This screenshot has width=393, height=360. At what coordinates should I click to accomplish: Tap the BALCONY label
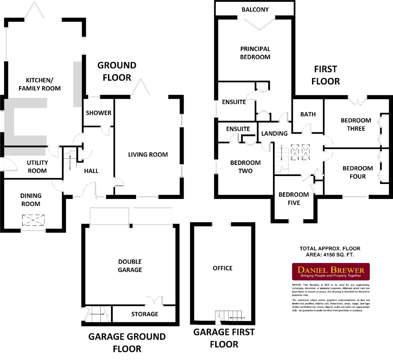tap(255, 9)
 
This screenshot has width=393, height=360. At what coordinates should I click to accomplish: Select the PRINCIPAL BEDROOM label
tap(255, 53)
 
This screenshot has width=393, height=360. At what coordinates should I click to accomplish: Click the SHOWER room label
tap(99, 113)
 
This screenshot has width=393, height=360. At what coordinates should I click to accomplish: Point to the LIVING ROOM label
tap(148, 154)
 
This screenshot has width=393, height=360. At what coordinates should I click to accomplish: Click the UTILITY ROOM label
tap(37, 167)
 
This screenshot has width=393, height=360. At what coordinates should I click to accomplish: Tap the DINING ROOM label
tap(31, 200)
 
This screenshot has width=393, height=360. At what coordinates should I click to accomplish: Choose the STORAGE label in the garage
tap(145, 314)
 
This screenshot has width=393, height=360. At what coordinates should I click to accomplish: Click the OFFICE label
tap(222, 268)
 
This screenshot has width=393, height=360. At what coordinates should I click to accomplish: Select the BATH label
tap(308, 114)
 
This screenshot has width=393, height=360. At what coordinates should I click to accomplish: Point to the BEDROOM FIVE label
tap(294, 199)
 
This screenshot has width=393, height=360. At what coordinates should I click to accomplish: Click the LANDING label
tap(274, 133)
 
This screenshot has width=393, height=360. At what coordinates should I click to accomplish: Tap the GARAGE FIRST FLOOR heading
tap(224, 338)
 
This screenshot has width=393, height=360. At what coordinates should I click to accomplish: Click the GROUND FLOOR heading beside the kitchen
tap(117, 71)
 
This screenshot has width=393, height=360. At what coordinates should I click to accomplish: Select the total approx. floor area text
tap(330, 252)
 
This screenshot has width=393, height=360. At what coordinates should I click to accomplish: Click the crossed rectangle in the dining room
tap(33, 220)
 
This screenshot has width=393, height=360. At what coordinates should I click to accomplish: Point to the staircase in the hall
tap(70, 161)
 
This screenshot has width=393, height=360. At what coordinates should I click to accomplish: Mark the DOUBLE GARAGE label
tap(130, 266)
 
